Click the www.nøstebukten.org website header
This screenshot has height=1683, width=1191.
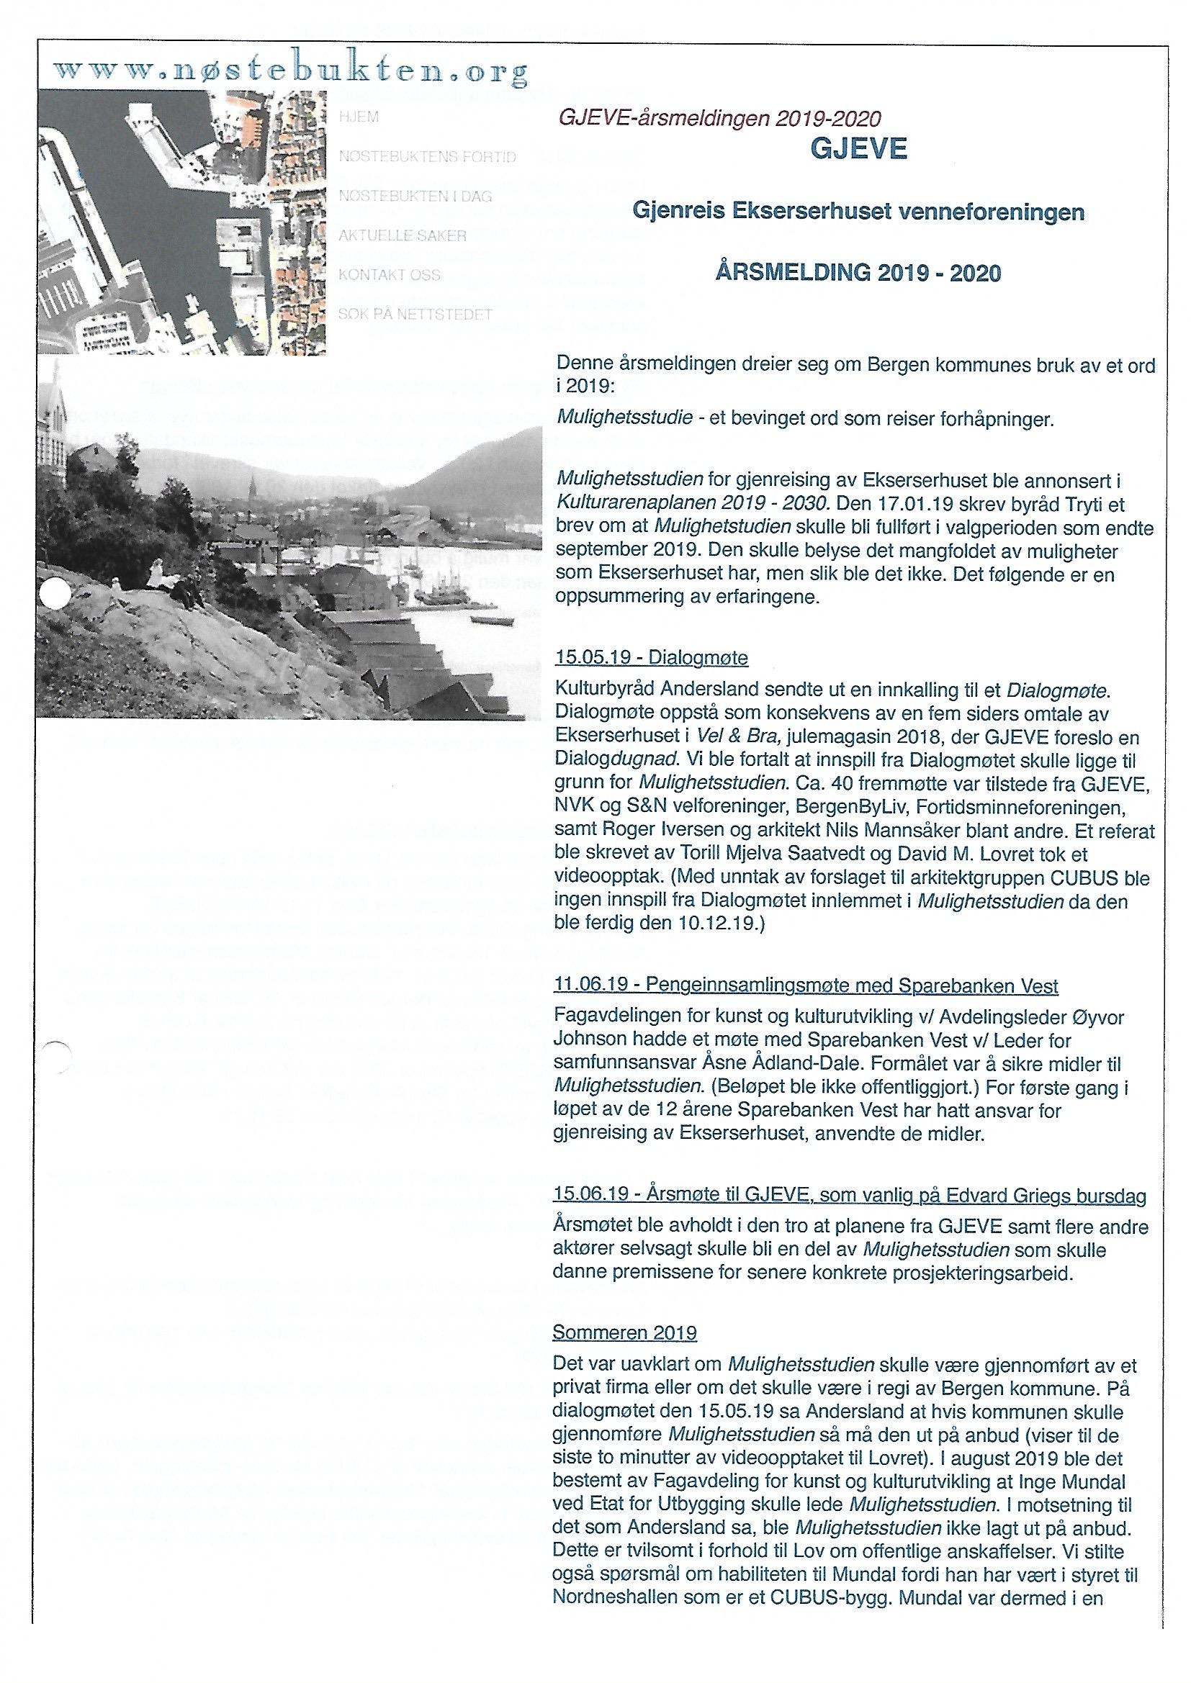(x=290, y=71)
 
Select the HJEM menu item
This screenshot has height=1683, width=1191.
(x=359, y=117)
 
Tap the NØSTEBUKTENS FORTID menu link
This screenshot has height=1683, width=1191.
(x=427, y=157)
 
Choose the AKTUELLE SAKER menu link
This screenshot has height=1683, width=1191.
(x=402, y=236)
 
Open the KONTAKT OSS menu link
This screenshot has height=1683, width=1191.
(x=389, y=276)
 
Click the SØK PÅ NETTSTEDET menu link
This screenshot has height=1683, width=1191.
(x=414, y=315)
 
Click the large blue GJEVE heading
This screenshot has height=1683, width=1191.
(x=858, y=150)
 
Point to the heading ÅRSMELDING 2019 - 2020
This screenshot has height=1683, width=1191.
(x=858, y=274)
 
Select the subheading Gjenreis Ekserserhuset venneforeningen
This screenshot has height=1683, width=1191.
(x=858, y=212)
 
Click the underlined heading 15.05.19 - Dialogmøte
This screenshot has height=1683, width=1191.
(x=651, y=658)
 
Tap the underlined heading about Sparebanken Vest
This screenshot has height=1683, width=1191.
(x=806, y=986)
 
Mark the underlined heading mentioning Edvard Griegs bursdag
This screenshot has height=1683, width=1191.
(x=850, y=1195)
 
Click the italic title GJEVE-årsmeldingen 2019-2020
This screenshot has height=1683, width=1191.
(x=719, y=118)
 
